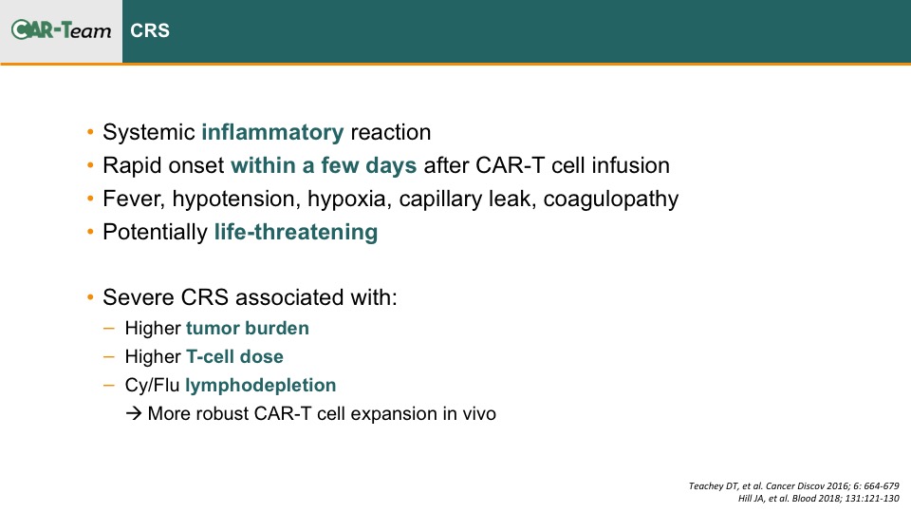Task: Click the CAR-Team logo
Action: point(61,29)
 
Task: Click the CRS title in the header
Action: point(150,30)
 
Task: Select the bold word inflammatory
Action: point(272,133)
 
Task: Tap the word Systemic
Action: point(149,133)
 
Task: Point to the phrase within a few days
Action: point(324,165)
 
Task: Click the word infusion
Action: point(630,165)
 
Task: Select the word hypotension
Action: point(236,199)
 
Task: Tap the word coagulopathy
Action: point(610,199)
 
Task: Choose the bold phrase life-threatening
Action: point(296,232)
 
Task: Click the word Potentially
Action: point(155,233)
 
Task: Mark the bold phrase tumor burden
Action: point(248,328)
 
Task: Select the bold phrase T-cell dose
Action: point(234,356)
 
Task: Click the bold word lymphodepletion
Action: point(260,386)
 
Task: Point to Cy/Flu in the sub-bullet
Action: point(152,385)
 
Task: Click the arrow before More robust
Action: point(134,413)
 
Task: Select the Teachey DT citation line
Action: point(793,485)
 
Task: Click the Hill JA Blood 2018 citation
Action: point(819,499)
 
